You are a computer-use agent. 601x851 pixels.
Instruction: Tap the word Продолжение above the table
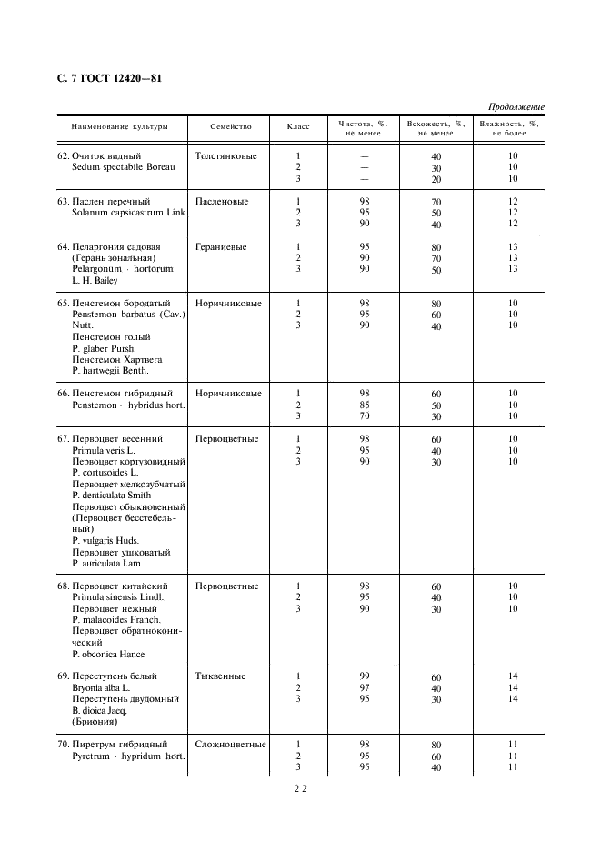516,107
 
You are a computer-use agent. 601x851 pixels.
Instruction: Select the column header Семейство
230,127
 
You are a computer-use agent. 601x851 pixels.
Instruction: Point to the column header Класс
298,127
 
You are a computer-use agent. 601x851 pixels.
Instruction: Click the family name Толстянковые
225,156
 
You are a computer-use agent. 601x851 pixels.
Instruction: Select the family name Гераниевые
221,247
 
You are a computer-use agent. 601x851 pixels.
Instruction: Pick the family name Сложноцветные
230,745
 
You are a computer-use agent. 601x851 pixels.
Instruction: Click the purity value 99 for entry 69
365,677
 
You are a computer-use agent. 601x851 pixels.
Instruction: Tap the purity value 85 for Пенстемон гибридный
365,405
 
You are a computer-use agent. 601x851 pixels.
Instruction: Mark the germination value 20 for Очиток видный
436,180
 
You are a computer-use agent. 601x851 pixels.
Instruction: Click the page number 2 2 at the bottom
300,790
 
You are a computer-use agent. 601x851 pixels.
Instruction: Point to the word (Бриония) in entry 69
94,722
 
